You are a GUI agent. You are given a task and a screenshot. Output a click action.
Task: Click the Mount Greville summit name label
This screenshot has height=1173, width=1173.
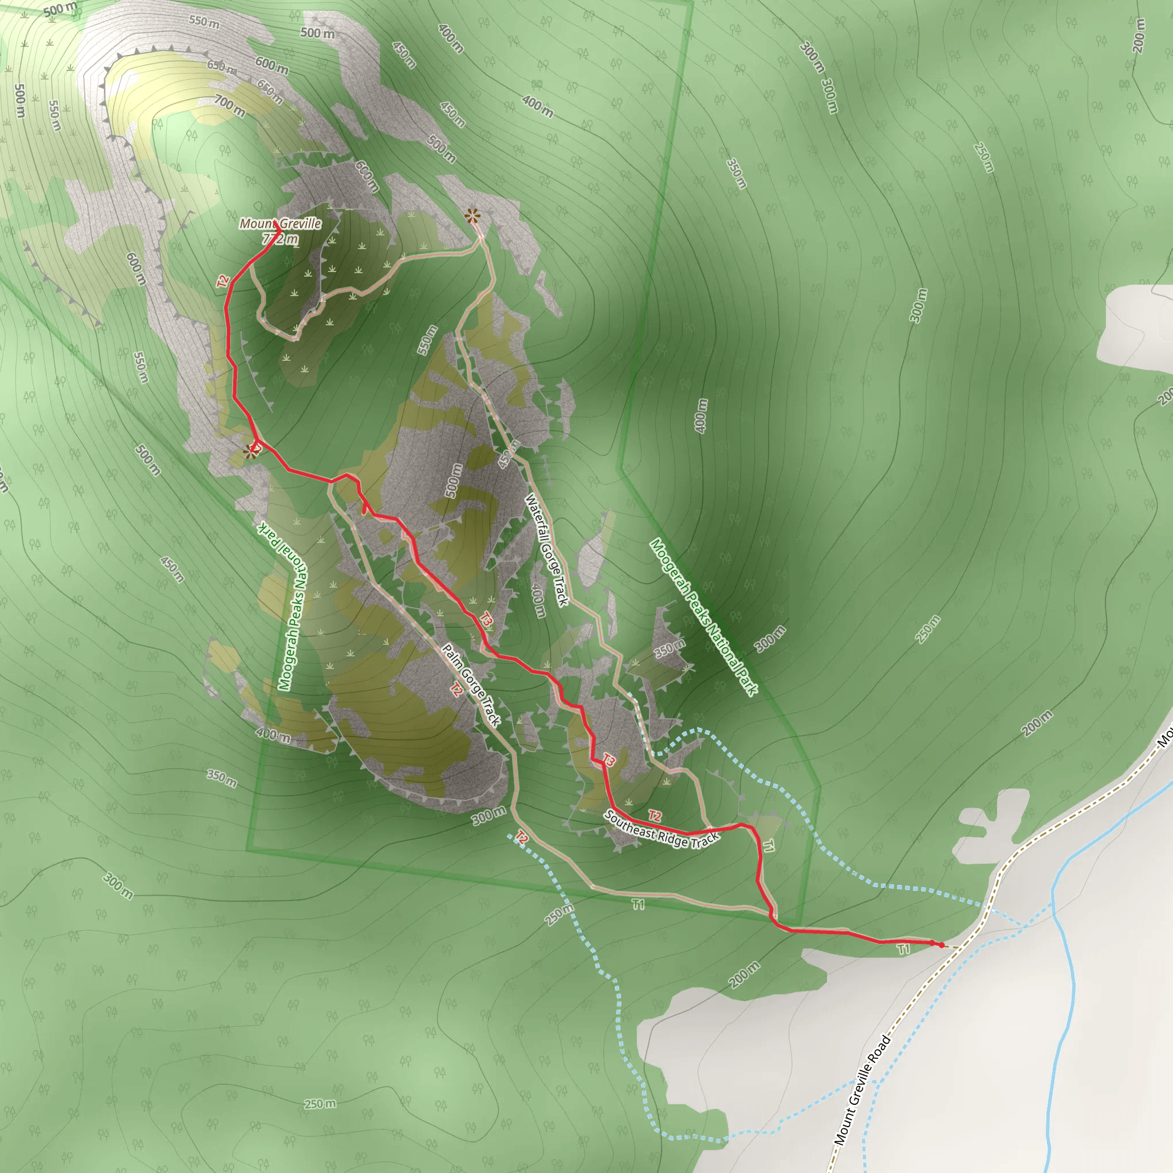(x=280, y=223)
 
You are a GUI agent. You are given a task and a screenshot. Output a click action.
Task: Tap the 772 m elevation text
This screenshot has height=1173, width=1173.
(x=280, y=239)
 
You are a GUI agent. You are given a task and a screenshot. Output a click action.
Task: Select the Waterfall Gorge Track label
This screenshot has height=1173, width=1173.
(x=546, y=549)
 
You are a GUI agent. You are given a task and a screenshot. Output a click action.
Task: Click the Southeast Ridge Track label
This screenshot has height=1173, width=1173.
(x=661, y=829)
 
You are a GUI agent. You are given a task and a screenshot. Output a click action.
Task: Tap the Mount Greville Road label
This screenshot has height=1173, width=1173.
(x=862, y=1091)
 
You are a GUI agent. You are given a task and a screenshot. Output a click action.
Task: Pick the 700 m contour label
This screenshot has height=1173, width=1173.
(x=230, y=107)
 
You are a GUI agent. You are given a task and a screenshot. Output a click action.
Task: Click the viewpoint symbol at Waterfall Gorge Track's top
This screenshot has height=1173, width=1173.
(x=473, y=215)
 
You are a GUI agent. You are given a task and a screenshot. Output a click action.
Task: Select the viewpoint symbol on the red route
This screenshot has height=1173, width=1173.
(x=251, y=451)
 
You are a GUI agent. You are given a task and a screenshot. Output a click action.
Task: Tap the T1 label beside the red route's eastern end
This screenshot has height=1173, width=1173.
(x=903, y=949)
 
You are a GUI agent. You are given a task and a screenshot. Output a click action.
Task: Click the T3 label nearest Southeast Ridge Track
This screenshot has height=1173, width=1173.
(x=608, y=760)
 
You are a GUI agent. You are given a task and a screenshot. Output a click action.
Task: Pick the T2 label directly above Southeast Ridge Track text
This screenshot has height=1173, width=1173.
(x=654, y=816)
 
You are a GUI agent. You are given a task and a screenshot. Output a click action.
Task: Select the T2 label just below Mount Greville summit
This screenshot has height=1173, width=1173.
(x=223, y=281)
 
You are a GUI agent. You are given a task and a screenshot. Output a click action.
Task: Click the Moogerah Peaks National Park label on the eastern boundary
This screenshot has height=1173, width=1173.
(x=703, y=617)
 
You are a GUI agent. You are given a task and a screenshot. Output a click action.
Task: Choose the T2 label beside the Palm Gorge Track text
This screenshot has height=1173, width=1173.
(x=456, y=688)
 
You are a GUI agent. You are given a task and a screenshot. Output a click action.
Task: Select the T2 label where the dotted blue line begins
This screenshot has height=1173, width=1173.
(x=521, y=839)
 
